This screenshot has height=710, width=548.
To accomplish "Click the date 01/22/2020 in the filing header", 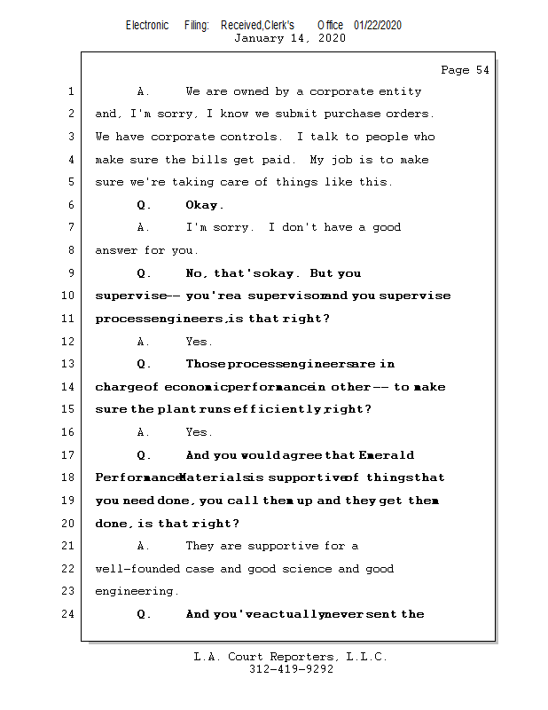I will [377, 26].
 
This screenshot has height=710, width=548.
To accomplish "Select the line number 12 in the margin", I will [69, 342].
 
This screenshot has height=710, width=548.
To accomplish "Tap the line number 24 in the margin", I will [69, 614].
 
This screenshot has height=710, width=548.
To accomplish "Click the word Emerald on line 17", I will [387, 455].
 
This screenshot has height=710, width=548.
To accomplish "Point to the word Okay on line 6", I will [204, 205].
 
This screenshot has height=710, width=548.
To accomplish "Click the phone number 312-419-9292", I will [291, 669].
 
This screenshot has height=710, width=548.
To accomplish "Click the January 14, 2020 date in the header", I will [289, 38].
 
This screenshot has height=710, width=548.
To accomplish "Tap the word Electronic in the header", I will [147, 26].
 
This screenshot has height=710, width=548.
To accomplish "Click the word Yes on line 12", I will [199, 342].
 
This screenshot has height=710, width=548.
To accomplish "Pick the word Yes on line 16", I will [199, 432].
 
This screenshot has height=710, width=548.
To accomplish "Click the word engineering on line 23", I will [137, 591].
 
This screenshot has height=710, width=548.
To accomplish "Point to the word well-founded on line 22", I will [137, 569].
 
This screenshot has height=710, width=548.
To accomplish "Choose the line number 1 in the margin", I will [69, 91].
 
